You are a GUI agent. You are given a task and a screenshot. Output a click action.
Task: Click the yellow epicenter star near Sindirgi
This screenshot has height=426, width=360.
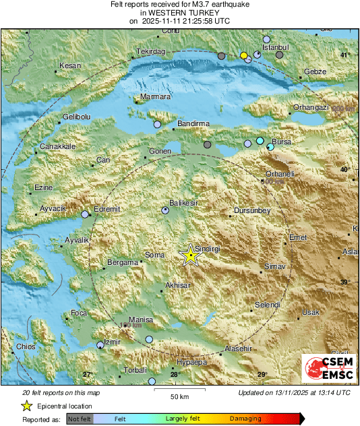pyautogui.click(x=191, y=255)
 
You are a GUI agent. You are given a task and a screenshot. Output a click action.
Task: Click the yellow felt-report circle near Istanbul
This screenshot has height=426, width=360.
pyautogui.click(x=244, y=55)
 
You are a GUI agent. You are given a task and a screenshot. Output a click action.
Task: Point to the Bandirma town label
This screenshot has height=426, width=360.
pyautogui.click(x=193, y=124)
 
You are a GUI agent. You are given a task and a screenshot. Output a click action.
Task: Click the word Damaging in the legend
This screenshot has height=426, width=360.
pyautogui.click(x=246, y=419)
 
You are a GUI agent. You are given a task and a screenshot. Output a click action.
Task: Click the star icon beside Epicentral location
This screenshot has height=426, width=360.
pyautogui.click(x=27, y=406)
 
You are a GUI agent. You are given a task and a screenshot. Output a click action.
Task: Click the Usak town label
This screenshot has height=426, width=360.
pyautogui.click(x=310, y=312)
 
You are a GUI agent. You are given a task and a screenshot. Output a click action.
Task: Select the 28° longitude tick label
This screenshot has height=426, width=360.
pyautogui.click(x=175, y=375)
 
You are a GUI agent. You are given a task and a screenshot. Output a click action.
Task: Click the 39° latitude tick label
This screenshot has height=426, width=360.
pyautogui.click(x=345, y=282)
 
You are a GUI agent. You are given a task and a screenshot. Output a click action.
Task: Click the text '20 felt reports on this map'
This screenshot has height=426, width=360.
pyautogui.click(x=61, y=392)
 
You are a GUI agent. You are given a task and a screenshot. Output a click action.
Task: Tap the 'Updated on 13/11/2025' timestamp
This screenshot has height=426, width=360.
pyautogui.click(x=294, y=392)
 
